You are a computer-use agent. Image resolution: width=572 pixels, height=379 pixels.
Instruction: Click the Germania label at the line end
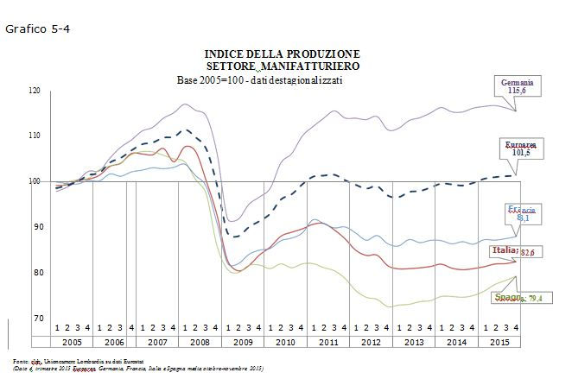(517, 82)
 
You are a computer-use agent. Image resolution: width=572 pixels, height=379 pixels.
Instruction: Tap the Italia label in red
(504, 250)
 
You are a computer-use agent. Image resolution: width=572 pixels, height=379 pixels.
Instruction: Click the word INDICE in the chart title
(226, 54)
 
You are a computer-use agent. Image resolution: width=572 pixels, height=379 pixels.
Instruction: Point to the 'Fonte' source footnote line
(78, 360)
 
